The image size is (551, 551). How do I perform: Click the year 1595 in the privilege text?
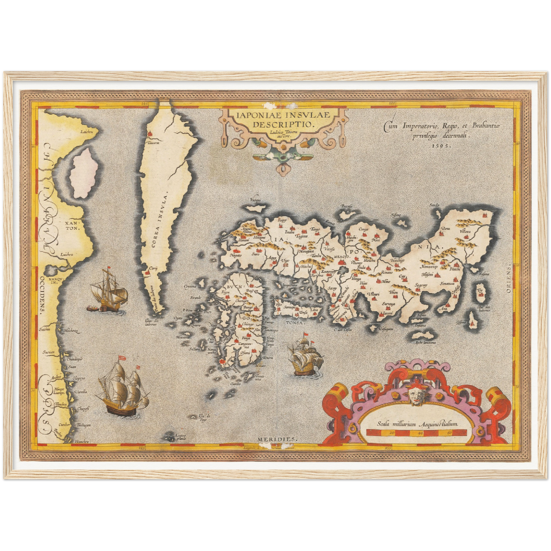tap(442, 145)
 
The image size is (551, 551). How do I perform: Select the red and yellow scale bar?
tap(416, 432)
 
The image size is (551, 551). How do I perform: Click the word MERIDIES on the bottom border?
tap(276, 439)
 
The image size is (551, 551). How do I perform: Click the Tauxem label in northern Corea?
tap(154, 143)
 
